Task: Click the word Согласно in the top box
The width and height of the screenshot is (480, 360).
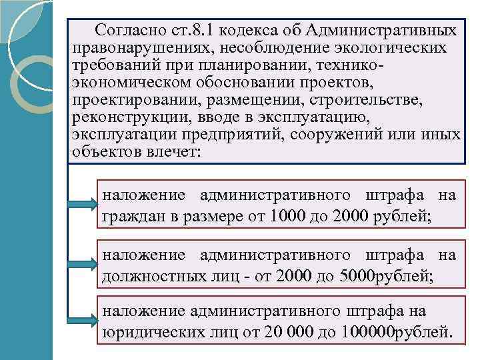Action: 124,31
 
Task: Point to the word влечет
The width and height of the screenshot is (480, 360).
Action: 175,152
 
